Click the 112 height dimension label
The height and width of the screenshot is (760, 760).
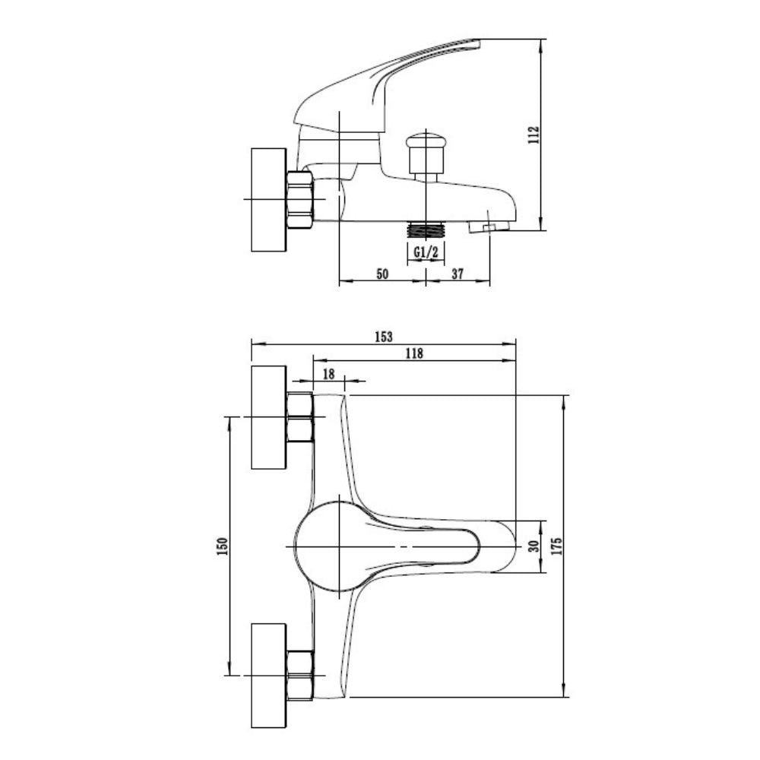pyautogui.click(x=534, y=135)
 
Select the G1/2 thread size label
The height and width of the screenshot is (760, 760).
pyautogui.click(x=426, y=252)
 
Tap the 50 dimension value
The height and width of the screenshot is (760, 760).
pyautogui.click(x=382, y=274)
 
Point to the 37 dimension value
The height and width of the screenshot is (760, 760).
pyautogui.click(x=458, y=274)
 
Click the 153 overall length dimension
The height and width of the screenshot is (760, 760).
pyautogui.click(x=383, y=337)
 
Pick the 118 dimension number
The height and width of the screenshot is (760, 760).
pyautogui.click(x=414, y=353)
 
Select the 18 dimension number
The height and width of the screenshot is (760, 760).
pyautogui.click(x=328, y=374)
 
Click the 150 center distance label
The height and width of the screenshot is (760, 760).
pyautogui.click(x=223, y=546)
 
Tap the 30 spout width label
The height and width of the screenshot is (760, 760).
pyautogui.click(x=534, y=546)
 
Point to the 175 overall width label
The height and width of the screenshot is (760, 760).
pyautogui.click(x=556, y=546)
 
